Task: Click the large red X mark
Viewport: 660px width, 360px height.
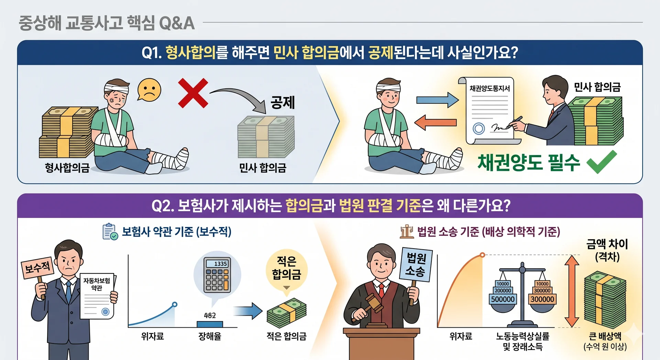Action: (193, 93)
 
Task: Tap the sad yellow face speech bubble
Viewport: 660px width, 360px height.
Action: (149, 90)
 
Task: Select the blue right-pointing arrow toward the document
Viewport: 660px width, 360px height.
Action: (437, 100)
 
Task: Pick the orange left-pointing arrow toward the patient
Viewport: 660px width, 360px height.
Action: (436, 122)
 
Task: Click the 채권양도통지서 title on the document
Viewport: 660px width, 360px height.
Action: (489, 88)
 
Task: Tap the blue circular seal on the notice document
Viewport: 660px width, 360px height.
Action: (479, 129)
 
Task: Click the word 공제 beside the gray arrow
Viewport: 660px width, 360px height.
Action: (283, 102)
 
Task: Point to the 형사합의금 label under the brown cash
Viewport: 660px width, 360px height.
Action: (67, 167)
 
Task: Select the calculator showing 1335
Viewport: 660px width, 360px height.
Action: (217, 275)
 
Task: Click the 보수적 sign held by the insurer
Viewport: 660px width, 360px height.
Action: (37, 267)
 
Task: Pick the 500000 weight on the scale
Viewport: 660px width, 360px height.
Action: (503, 299)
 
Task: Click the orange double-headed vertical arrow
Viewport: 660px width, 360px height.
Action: (572, 291)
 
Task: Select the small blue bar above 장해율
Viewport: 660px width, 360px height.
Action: (210, 324)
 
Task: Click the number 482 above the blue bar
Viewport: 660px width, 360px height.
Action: (210, 315)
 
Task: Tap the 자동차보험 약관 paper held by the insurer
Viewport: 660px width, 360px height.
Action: (98, 296)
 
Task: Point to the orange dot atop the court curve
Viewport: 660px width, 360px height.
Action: (482, 255)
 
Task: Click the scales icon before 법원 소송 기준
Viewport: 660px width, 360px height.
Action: (407, 231)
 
